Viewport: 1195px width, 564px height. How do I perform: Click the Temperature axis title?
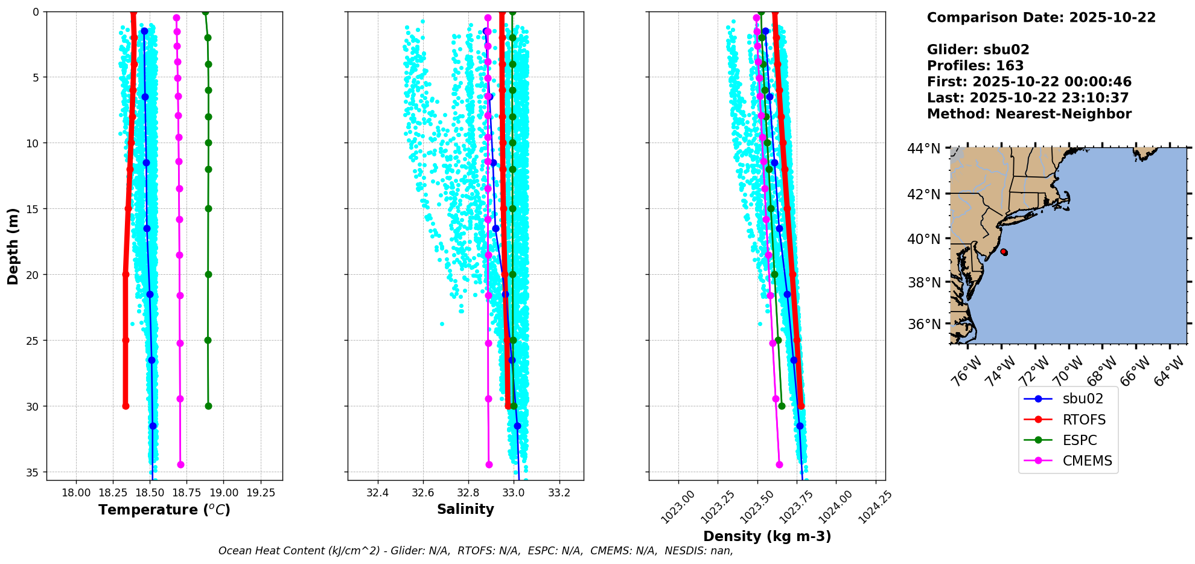[164, 510]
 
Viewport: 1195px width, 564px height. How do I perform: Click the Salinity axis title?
[465, 510]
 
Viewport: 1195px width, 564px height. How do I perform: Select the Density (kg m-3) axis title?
[767, 536]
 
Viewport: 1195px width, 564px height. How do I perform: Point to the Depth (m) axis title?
[13, 246]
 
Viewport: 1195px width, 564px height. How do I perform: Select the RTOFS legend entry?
[1084, 420]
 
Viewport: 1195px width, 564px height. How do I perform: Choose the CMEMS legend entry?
[1087, 461]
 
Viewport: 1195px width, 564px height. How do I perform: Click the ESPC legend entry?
[1080, 440]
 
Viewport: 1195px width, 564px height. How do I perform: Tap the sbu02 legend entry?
[1083, 399]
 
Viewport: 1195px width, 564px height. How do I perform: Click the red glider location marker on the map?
[1004, 252]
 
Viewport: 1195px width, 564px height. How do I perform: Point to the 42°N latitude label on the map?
[923, 194]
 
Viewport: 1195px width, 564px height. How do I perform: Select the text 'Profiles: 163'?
[975, 66]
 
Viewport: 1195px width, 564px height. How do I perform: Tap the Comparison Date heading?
[1041, 18]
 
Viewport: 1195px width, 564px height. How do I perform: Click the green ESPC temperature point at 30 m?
[208, 406]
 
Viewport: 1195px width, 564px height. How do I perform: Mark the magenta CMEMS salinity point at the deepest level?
[489, 464]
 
